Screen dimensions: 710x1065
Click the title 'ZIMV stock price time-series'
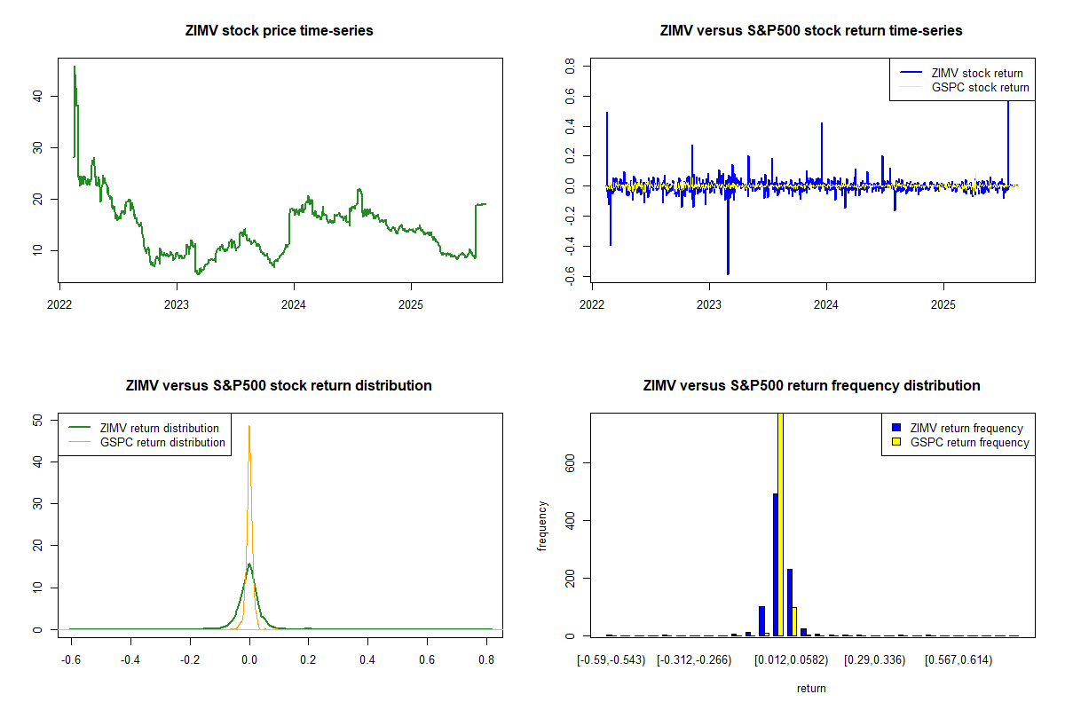[279, 31]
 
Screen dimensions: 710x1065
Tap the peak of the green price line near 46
[75, 67]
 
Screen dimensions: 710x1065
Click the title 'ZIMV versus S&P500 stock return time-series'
[811, 31]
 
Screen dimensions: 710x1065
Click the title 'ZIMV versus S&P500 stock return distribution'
[279, 386]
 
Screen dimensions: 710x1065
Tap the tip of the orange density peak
[249, 426]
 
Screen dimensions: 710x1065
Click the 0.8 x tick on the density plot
[485, 660]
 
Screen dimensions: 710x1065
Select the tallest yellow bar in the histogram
[781, 524]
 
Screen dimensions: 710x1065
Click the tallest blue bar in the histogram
[776, 564]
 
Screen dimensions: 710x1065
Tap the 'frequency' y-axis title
[543, 525]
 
